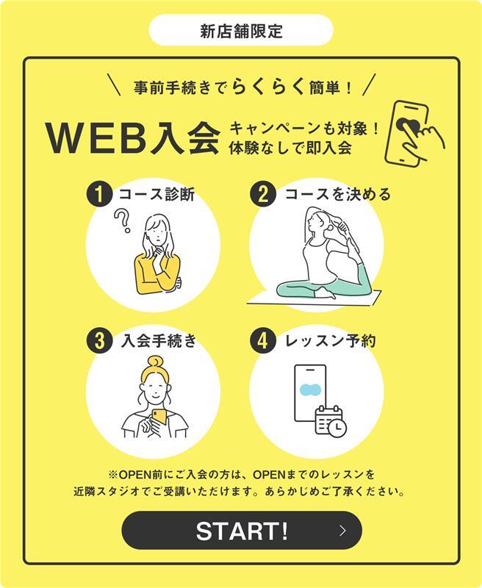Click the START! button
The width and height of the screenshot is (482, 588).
(242, 530)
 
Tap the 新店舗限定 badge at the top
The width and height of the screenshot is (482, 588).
(241, 30)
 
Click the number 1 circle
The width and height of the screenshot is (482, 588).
(99, 195)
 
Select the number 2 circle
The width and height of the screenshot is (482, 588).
(263, 195)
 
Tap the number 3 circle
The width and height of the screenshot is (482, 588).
(99, 341)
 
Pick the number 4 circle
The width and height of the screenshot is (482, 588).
(263, 341)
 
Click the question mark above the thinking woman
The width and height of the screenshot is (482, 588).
(123, 221)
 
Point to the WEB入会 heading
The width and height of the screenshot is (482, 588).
(132, 137)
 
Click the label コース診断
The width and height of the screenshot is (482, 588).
(157, 195)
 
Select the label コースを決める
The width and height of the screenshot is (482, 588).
(338, 194)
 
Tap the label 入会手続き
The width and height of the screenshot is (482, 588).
(158, 341)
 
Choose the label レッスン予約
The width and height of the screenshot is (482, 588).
(330, 341)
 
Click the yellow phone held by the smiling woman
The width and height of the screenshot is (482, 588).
(159, 417)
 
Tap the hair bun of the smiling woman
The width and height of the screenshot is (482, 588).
(155, 362)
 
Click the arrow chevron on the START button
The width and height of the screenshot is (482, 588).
(342, 530)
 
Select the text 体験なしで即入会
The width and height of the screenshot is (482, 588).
(290, 148)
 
